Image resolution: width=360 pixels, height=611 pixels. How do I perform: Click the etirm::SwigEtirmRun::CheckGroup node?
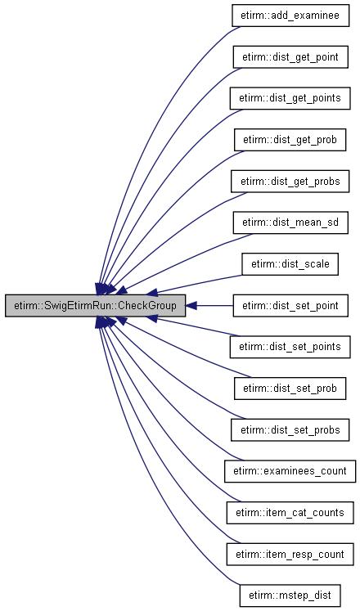95,306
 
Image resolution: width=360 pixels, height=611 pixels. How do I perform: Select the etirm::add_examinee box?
290,16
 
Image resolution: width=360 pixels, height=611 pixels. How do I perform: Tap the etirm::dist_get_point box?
290,57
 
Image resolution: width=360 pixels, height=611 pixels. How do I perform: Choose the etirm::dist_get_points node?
290,98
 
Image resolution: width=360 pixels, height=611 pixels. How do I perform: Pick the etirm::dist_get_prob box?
290,140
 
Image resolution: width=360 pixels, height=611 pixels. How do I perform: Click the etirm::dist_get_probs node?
290,182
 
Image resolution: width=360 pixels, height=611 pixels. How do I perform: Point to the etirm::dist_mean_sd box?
290,222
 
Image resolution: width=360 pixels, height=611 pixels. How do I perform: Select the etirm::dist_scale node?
290,264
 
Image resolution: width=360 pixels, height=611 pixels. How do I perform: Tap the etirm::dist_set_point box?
290,306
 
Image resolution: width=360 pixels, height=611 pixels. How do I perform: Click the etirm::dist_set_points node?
290,347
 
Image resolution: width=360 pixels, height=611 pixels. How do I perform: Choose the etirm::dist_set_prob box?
290,388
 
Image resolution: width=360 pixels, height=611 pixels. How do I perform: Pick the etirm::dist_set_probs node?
290,429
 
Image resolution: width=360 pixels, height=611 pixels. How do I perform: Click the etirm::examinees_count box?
290,471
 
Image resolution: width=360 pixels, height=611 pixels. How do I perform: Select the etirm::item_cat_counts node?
290,512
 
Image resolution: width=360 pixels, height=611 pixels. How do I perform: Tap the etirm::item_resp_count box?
290,554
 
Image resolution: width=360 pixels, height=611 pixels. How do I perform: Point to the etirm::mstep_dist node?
290,595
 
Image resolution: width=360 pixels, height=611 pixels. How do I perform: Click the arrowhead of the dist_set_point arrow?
191,306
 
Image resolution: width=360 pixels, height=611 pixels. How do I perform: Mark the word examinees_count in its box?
305,471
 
